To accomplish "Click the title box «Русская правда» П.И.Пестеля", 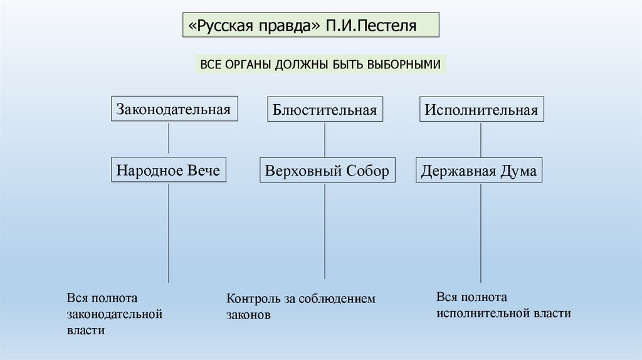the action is click(311, 25).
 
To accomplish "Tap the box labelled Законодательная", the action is click(174, 109).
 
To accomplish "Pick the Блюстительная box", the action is click(325, 109).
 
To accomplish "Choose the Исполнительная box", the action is click(481, 109).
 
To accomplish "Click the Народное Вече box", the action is click(169, 169).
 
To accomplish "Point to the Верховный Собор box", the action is click(327, 170).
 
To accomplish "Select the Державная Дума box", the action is click(479, 170).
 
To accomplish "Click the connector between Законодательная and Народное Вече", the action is click(169, 139).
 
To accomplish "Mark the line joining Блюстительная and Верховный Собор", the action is click(325, 140).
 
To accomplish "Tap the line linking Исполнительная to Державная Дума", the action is click(481, 140).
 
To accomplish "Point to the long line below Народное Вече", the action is click(169, 233).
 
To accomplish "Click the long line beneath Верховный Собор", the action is click(325, 231).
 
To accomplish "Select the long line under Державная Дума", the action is click(481, 233).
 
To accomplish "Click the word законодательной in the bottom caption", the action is click(115, 314).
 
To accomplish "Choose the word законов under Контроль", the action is click(248, 315).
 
